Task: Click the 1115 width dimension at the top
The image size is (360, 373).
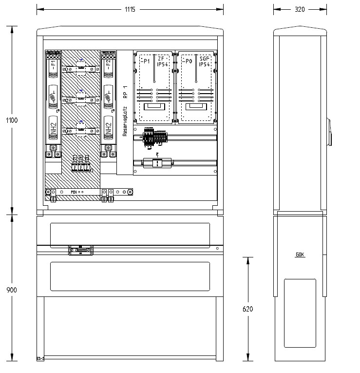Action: [129, 10]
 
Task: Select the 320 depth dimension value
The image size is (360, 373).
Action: [299, 10]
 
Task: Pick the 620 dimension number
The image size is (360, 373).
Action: [248, 309]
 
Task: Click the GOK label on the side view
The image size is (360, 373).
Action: [300, 255]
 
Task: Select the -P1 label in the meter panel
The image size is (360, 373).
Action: [145, 61]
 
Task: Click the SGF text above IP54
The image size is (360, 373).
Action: [204, 59]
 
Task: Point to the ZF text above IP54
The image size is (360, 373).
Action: [161, 59]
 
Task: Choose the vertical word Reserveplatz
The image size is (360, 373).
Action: [125, 122]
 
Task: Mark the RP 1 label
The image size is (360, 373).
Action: [125, 93]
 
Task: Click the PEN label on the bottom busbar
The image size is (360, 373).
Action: [75, 193]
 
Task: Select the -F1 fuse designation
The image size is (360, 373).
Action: [53, 65]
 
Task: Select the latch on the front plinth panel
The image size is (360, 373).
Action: [81, 251]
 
